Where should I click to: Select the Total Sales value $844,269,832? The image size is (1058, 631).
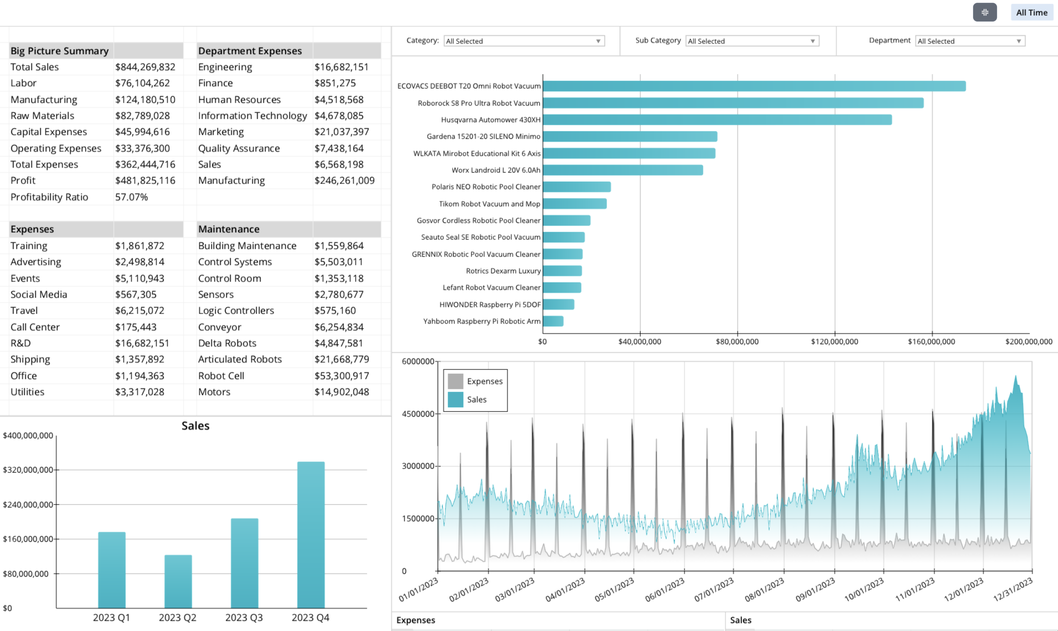pos(145,67)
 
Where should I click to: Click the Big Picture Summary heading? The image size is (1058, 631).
pos(60,51)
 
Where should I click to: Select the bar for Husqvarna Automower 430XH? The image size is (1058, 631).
pos(717,120)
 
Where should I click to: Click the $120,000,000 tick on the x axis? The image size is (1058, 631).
pos(834,342)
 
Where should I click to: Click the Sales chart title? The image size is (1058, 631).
pos(195,426)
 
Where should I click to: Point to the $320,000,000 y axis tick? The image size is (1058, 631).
pos(28,470)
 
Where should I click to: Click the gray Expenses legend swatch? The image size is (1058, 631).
pos(455,381)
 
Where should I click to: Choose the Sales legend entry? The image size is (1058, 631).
pos(476,400)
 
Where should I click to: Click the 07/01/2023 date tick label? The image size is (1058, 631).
pos(714,590)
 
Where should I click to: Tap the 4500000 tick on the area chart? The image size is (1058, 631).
pos(418,414)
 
